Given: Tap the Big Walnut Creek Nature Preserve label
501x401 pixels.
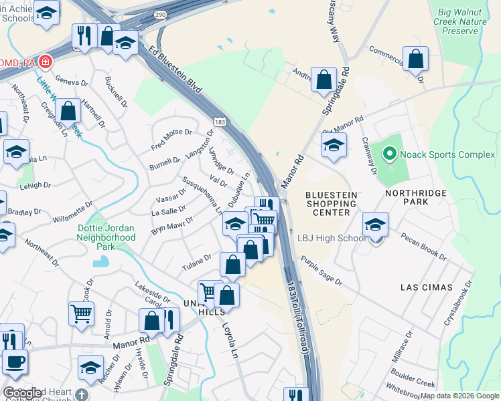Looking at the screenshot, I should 462,21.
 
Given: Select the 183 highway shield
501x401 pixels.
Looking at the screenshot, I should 219,121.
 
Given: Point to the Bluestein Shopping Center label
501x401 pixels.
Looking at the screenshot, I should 332,203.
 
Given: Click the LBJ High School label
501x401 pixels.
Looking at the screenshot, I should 333,239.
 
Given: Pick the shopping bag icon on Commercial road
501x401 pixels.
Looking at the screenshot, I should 415,59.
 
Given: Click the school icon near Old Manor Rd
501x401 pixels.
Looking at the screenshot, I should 333,146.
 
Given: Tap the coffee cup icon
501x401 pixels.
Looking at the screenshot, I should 15,361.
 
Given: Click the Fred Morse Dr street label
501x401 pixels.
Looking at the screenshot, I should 171,139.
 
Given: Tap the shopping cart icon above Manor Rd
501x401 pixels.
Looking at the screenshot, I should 81,312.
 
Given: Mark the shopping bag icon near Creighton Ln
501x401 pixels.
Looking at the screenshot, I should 68,111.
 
